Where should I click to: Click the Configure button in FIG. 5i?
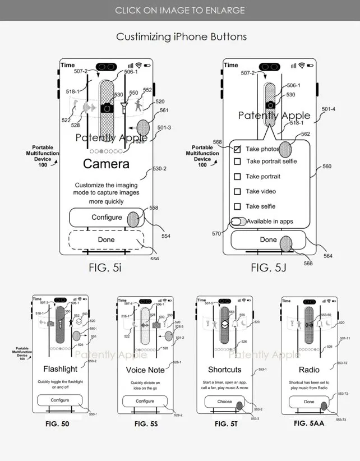click(x=106, y=218)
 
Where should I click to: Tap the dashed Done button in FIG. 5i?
click(x=106, y=239)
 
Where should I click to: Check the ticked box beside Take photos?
click(x=237, y=149)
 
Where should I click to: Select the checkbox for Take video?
click(x=237, y=192)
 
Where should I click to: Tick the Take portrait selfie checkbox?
click(x=237, y=162)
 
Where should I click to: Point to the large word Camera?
click(x=106, y=164)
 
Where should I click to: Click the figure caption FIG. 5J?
click(x=269, y=268)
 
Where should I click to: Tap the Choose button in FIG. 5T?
click(x=225, y=402)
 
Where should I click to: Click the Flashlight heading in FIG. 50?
click(x=60, y=370)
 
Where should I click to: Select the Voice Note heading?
click(x=145, y=370)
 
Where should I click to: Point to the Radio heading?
click(x=309, y=370)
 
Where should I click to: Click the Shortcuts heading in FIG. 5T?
click(x=225, y=370)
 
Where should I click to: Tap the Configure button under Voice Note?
click(x=145, y=401)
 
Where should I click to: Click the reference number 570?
click(x=216, y=233)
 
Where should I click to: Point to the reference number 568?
click(x=217, y=142)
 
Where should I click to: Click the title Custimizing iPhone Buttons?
click(x=181, y=36)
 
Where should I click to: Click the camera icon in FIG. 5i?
click(x=107, y=109)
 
